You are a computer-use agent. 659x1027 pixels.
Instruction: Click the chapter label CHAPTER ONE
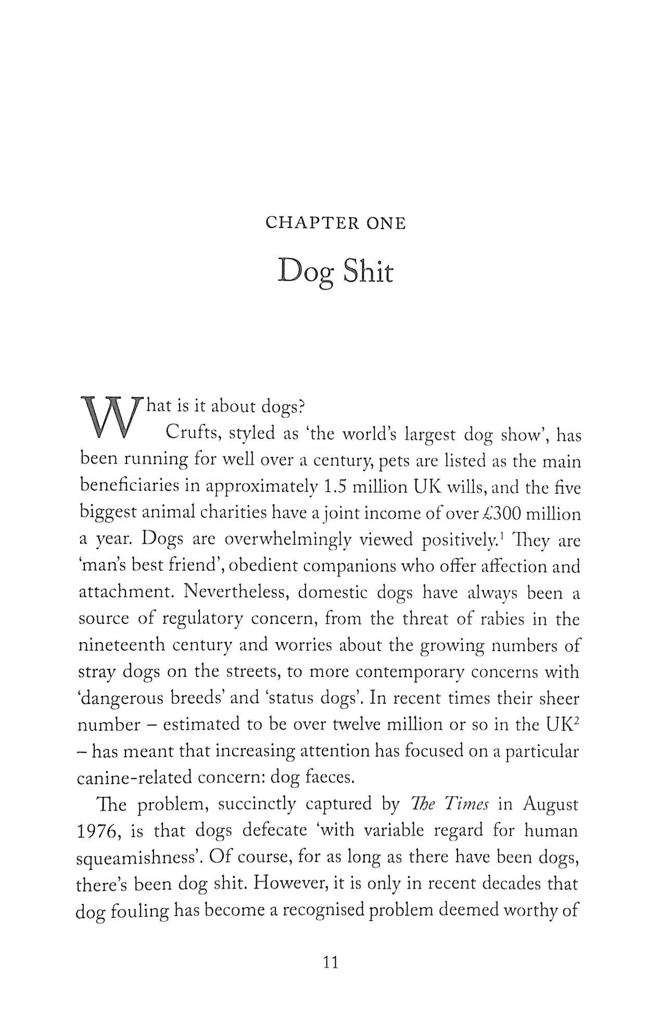coord(335,223)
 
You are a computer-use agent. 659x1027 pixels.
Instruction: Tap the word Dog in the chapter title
coord(305,271)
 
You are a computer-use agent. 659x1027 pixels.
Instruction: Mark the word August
coord(550,804)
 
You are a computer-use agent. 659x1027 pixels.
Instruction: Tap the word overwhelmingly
coord(287,540)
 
